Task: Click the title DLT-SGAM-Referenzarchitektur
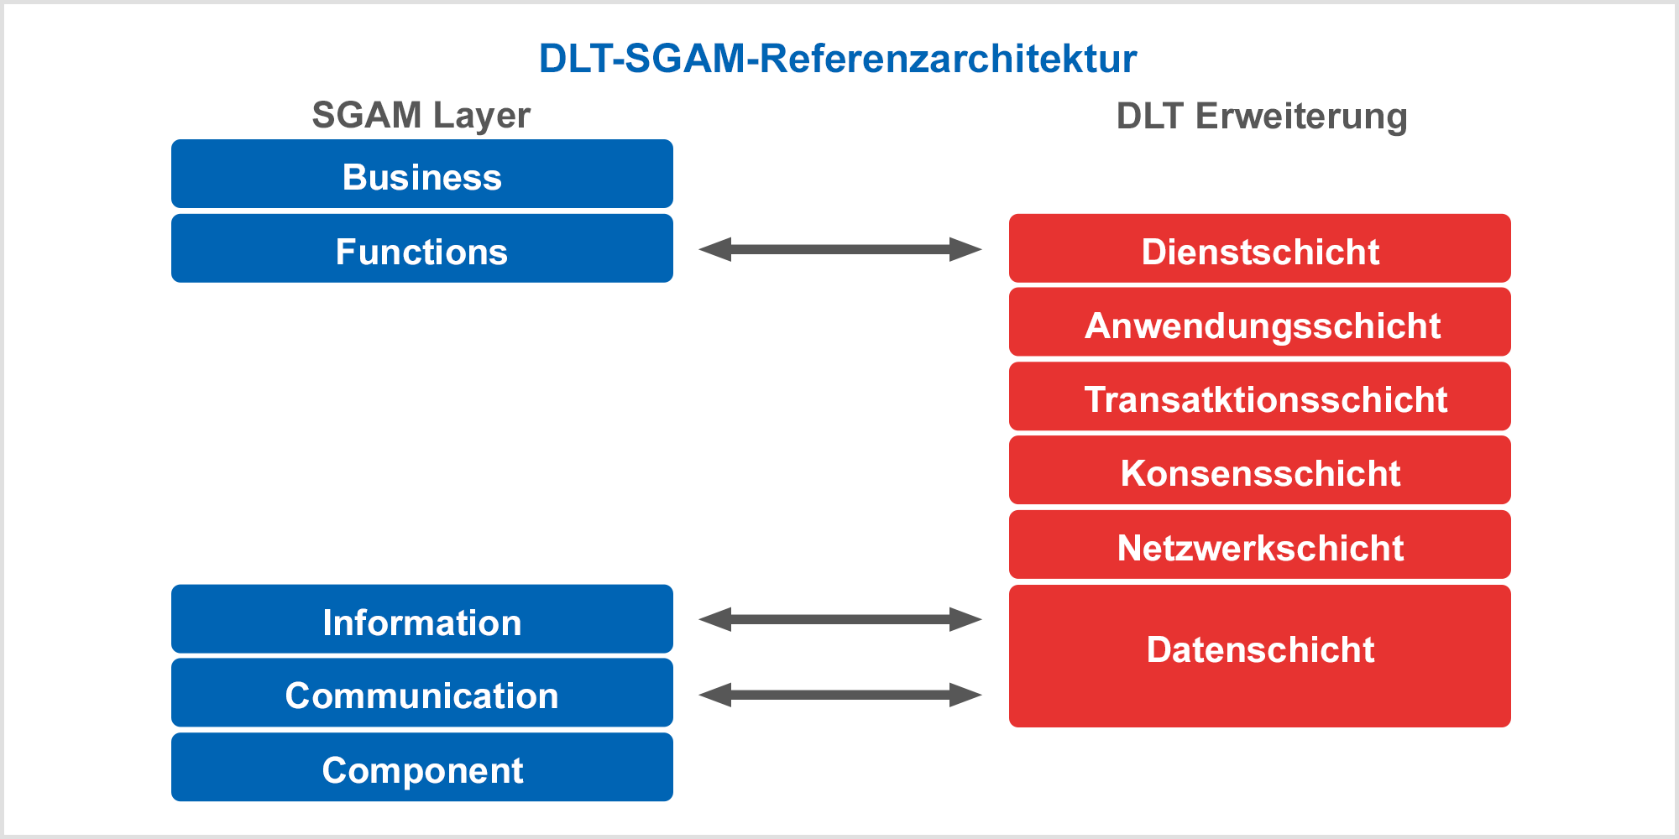(838, 59)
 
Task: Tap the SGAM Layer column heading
(421, 116)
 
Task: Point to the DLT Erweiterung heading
(1262, 117)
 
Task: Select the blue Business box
(422, 174)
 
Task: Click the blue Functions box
(422, 248)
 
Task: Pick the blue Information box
(422, 619)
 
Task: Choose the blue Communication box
(422, 693)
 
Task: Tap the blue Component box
(422, 767)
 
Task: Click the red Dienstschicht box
(1260, 248)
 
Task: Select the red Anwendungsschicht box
(1260, 322)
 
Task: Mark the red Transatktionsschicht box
(1260, 396)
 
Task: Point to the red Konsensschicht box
(1260, 470)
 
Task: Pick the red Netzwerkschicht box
(1260, 545)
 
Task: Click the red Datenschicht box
(1260, 656)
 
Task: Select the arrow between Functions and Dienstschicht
(840, 249)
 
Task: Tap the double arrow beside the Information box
(840, 619)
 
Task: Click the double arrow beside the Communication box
(840, 695)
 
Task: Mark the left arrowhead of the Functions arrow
(714, 249)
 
